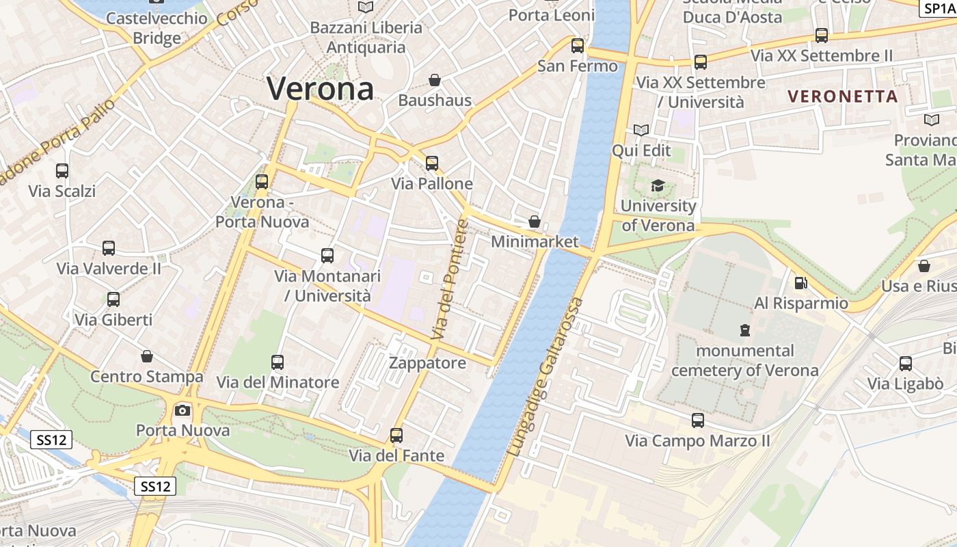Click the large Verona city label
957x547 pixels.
(321, 89)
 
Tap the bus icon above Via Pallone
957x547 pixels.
(431, 163)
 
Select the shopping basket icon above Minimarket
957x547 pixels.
(535, 222)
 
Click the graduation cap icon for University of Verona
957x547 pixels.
(658, 185)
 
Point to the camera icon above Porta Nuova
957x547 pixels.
(182, 410)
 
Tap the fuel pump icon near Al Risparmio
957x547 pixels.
(800, 282)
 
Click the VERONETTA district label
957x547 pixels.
(842, 96)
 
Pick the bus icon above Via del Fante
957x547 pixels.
(396, 435)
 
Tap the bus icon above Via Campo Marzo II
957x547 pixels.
(697, 420)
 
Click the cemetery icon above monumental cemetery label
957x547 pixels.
(744, 330)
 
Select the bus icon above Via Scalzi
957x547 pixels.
(62, 171)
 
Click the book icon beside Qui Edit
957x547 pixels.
(641, 130)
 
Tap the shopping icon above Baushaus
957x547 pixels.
(434, 80)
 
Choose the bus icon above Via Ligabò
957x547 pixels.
(906, 363)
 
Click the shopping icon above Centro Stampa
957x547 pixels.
(146, 356)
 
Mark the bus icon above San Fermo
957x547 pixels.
(578, 46)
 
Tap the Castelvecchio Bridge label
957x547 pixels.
(157, 27)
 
